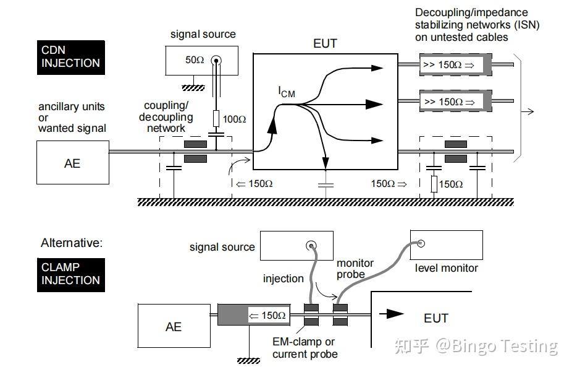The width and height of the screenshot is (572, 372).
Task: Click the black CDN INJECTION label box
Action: click(x=70, y=57)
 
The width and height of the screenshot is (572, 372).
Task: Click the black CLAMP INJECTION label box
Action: click(x=70, y=274)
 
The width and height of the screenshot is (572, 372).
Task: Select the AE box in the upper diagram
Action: click(x=72, y=163)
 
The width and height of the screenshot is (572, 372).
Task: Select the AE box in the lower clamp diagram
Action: click(x=174, y=326)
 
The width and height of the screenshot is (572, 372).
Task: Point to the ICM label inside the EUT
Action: click(x=286, y=93)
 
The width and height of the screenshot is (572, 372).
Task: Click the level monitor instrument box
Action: click(x=447, y=246)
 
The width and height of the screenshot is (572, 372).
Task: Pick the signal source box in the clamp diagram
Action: click(x=297, y=246)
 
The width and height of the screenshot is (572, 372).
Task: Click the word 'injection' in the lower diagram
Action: click(x=283, y=279)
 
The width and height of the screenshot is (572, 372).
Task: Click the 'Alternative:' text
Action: click(x=72, y=243)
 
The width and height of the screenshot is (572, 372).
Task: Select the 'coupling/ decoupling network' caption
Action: click(x=166, y=117)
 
